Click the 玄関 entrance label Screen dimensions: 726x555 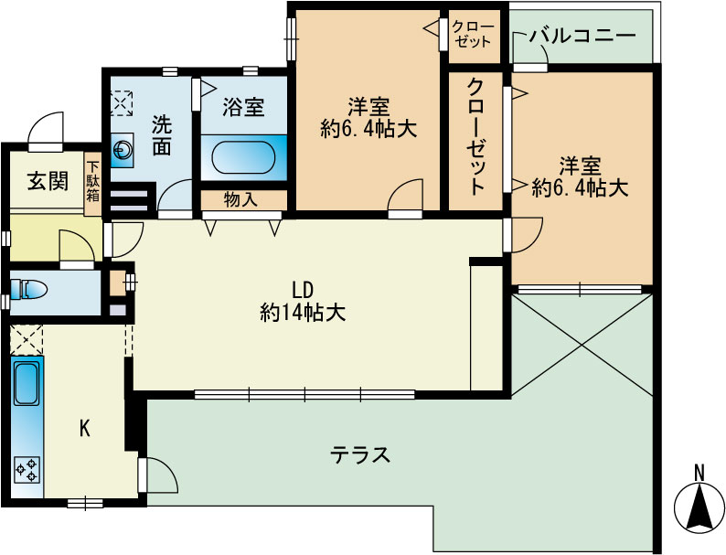tap(48, 180)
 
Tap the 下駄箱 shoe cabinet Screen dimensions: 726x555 tap(92, 184)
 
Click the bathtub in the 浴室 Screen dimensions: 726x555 tap(243, 158)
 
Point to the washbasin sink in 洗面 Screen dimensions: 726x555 tap(123, 150)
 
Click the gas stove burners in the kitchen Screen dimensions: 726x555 tap(27, 470)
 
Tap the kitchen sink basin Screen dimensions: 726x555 tap(27, 383)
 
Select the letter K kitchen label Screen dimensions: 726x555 tap(84, 429)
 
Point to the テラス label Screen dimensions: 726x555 tap(360, 454)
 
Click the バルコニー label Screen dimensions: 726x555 tap(582, 36)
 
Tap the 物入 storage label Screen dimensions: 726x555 tap(240, 200)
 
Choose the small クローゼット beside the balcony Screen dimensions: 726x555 tap(475, 36)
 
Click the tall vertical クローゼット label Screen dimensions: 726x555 tap(476, 137)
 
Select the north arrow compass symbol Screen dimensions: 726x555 tap(699, 507)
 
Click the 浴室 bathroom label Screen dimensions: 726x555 tap(243, 106)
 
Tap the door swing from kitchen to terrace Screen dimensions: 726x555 tap(157, 475)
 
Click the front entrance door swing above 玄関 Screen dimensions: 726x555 tap(45, 130)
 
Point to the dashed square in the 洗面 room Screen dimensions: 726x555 tap(122, 103)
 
